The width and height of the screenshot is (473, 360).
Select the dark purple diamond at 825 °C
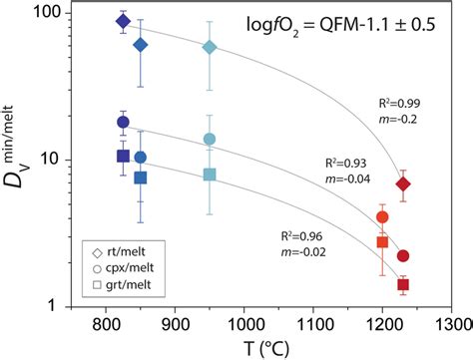click(x=123, y=22)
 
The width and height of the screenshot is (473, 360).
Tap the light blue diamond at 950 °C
click(x=210, y=48)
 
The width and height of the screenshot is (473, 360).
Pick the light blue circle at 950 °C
click(x=210, y=140)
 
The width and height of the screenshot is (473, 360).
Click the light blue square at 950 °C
click(x=210, y=175)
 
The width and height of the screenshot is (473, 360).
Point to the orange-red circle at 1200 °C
click(x=382, y=217)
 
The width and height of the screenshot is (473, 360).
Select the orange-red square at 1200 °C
click(x=382, y=242)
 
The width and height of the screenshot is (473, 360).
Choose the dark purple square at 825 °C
click(x=123, y=157)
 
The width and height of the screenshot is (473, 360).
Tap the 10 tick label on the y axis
click(x=50, y=159)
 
